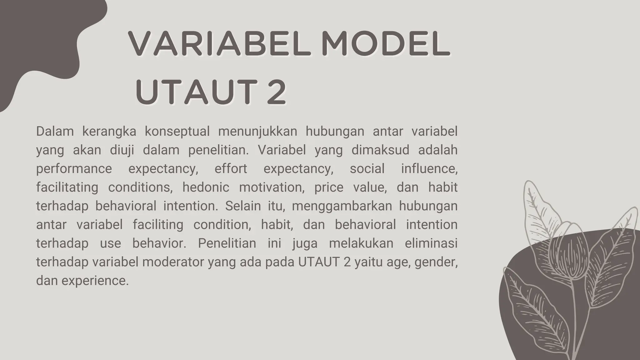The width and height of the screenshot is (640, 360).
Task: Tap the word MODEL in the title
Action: (386, 44)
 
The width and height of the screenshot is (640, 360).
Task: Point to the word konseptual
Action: (177, 132)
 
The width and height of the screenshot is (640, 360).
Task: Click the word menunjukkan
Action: (257, 132)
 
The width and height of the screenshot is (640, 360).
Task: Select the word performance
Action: (74, 169)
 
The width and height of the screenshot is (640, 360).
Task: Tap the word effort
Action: (231, 169)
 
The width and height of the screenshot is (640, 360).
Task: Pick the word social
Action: (367, 169)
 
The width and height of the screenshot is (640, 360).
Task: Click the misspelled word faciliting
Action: (158, 225)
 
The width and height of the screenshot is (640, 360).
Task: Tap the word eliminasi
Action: (431, 243)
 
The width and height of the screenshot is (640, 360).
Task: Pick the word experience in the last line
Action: (95, 281)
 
